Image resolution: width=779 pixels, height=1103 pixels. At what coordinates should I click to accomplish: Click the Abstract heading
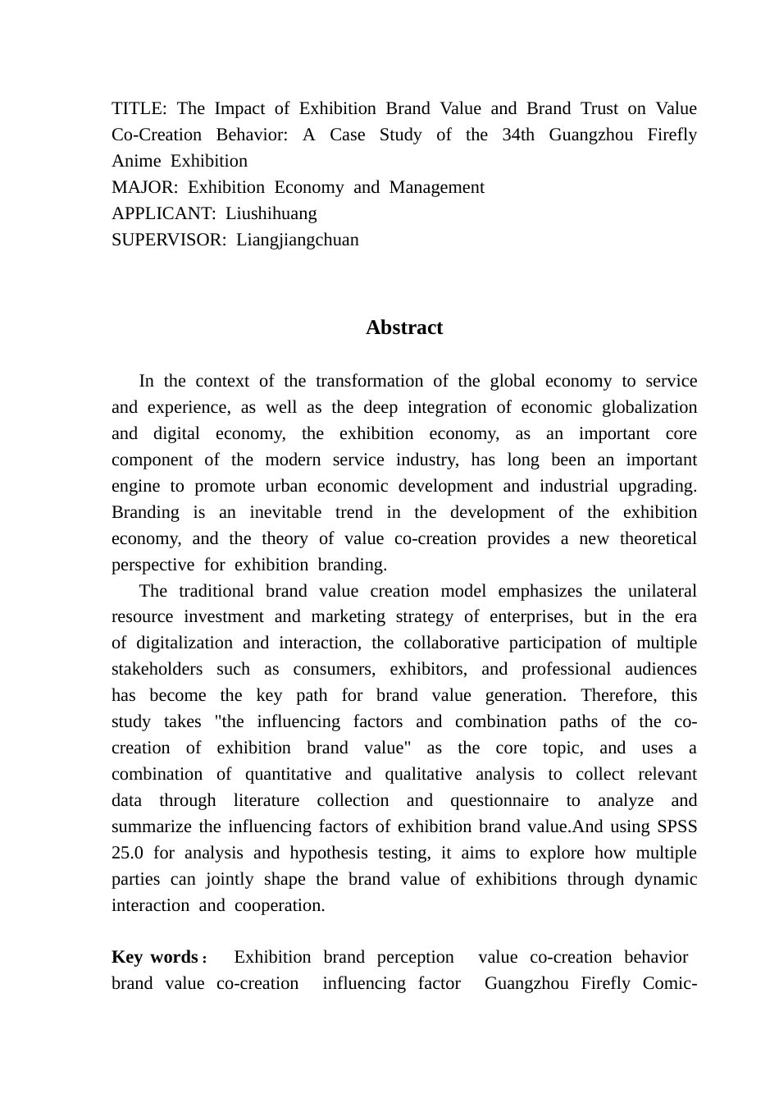[x=404, y=327]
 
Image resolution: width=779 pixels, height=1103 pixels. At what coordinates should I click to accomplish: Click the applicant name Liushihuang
[x=271, y=213]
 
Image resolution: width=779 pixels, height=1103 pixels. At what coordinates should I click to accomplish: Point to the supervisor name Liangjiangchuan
[x=297, y=240]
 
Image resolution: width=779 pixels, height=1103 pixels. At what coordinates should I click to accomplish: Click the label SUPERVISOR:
[x=169, y=240]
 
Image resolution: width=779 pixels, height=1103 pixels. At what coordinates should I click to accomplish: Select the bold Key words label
[x=155, y=957]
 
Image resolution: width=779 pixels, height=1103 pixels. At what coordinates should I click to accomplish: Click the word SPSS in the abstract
[x=676, y=826]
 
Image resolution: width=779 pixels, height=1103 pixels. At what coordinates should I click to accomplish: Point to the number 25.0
[x=127, y=853]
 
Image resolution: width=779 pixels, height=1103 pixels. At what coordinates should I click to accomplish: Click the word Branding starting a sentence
[x=145, y=512]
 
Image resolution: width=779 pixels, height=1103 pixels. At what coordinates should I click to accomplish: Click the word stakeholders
[x=157, y=669]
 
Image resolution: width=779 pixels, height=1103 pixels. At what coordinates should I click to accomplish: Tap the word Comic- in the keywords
[x=670, y=983]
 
